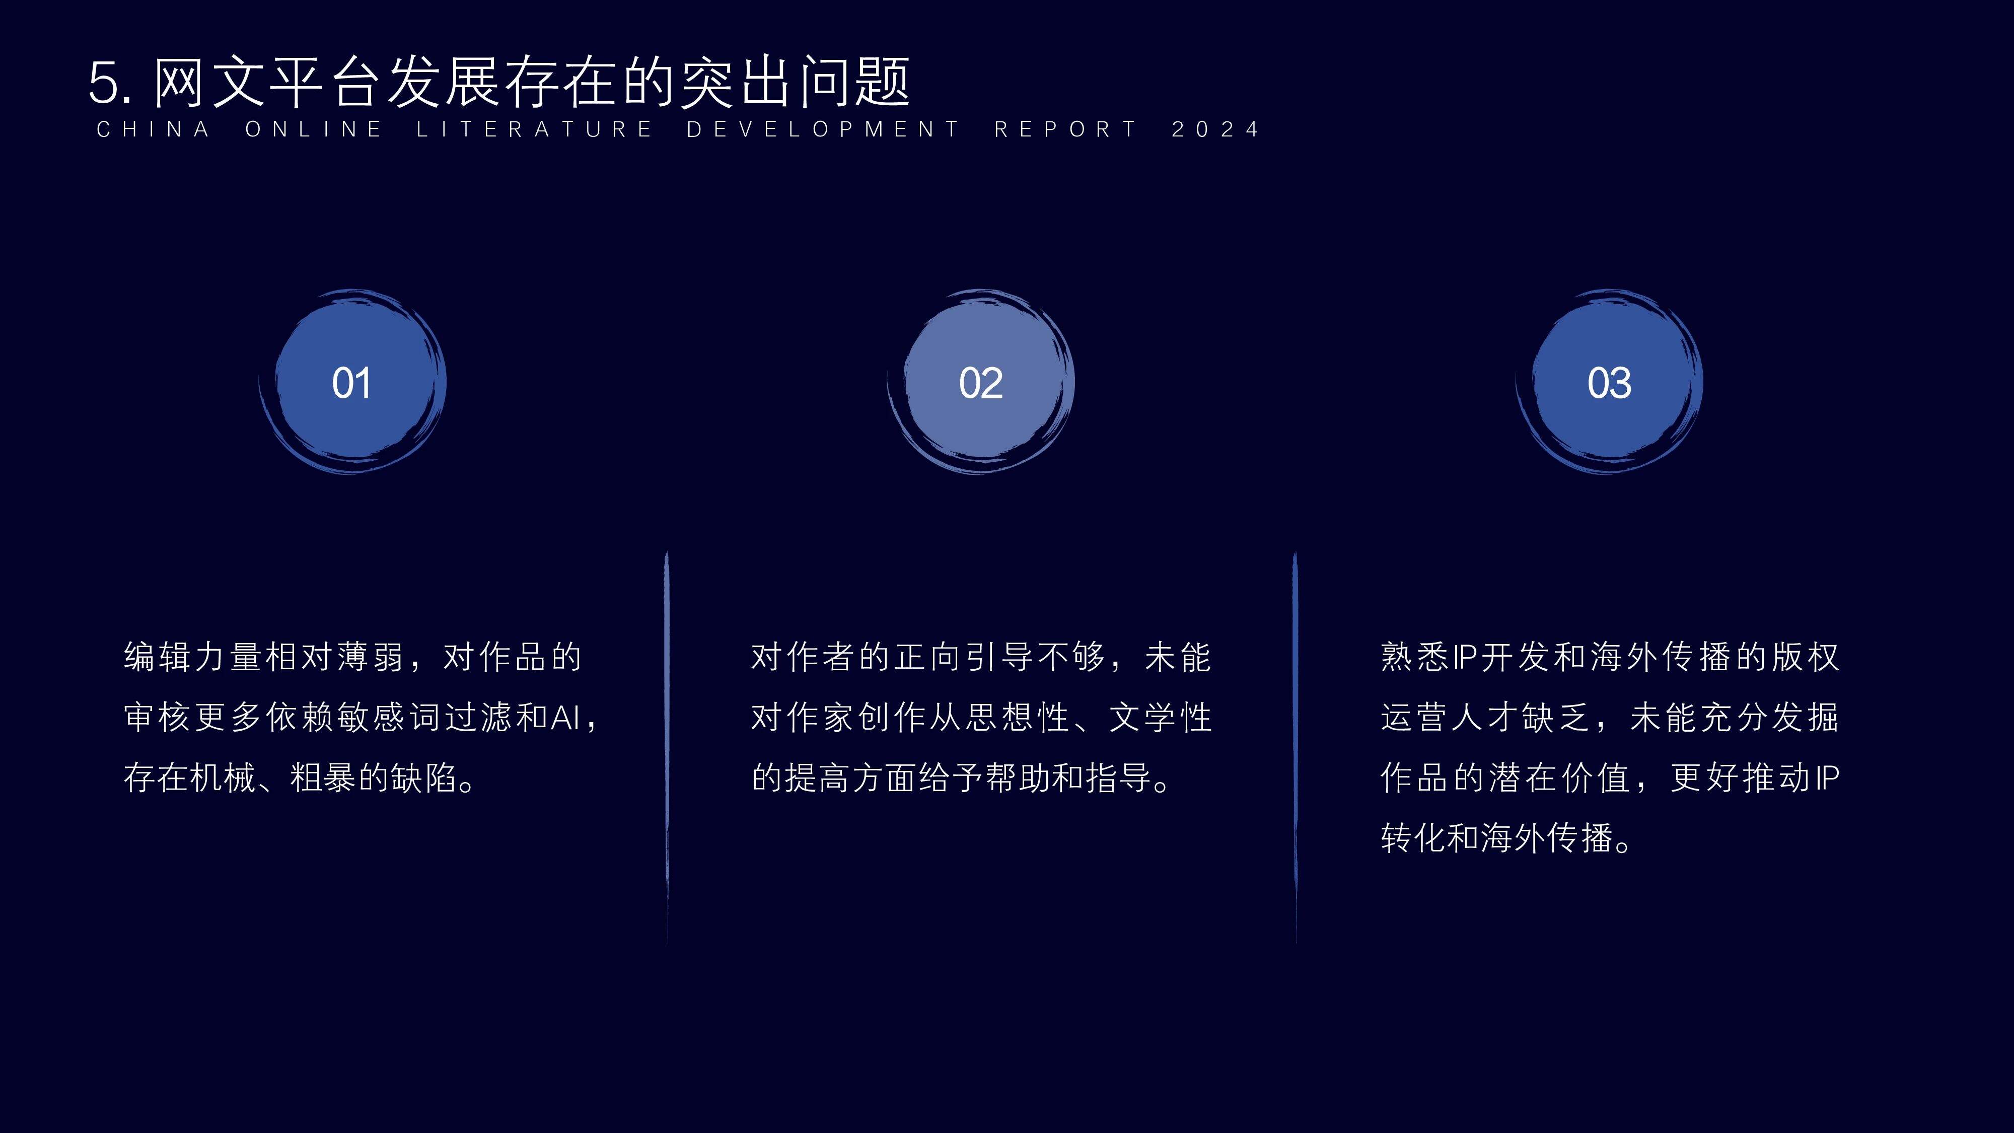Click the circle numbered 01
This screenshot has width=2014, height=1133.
click(352, 382)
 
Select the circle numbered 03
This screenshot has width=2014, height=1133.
click(1609, 382)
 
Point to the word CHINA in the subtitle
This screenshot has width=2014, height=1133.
click(153, 129)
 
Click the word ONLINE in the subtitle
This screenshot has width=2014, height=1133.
click(314, 129)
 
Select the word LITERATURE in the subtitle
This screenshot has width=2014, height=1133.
click(534, 129)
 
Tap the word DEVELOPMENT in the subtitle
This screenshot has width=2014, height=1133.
click(823, 129)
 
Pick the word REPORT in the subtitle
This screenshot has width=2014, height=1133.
click(1065, 129)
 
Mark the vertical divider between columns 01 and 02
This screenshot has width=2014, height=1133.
click(667, 747)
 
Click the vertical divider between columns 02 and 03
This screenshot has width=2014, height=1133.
click(1296, 747)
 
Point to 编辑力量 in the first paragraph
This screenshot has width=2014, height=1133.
click(194, 657)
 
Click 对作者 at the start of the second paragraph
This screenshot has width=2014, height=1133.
click(804, 657)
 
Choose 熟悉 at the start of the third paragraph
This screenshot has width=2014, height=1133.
click(1415, 657)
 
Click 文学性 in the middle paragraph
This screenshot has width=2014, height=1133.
click(1160, 717)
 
